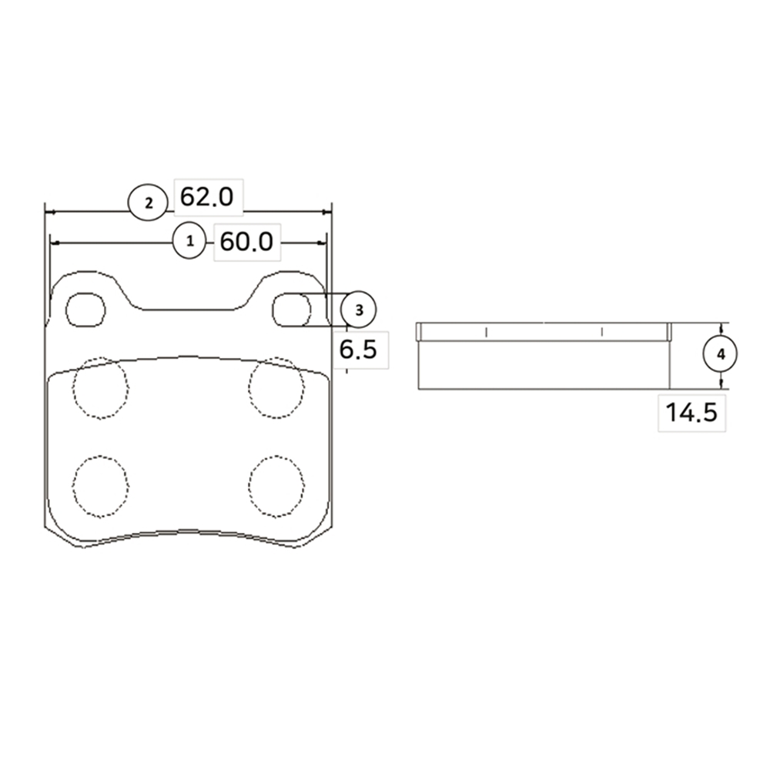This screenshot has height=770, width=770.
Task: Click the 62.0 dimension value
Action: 206,197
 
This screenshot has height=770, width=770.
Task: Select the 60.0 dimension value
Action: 246,242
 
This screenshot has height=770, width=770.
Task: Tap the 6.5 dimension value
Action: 358,350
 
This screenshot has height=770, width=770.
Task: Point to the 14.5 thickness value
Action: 691,412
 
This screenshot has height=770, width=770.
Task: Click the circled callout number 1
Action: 189,241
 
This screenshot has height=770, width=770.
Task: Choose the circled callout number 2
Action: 149,203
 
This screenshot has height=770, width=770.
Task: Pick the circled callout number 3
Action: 359,310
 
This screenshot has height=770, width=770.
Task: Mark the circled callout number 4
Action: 721,354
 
